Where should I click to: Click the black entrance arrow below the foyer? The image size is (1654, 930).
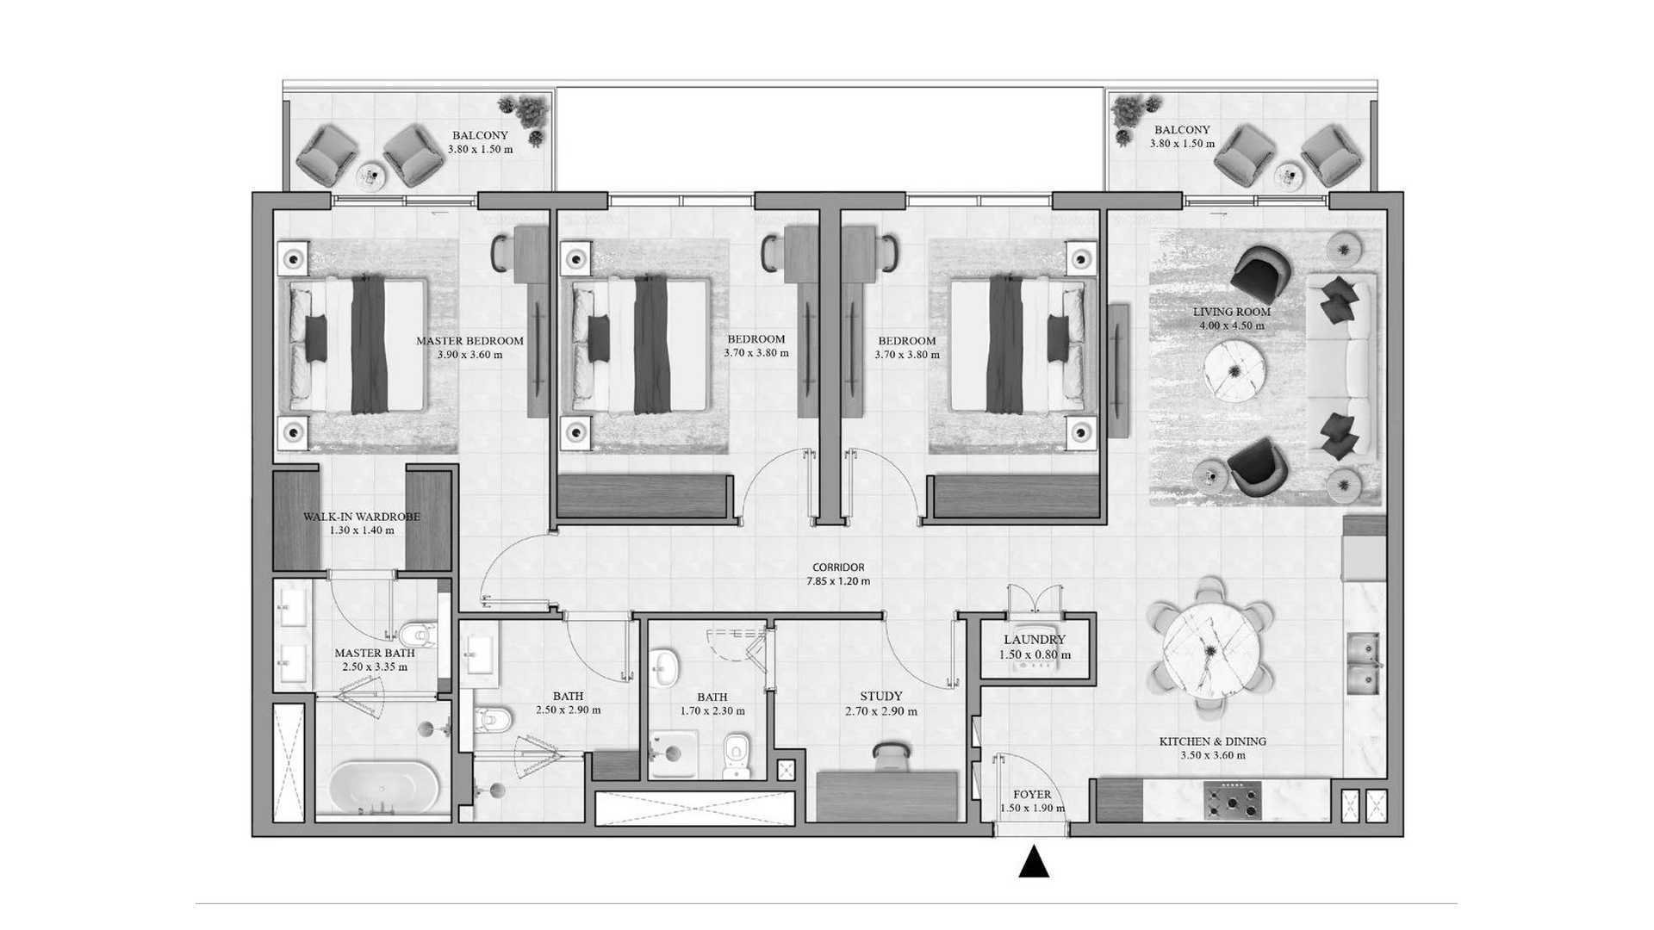click(x=1034, y=862)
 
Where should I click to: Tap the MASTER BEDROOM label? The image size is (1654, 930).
click(x=469, y=341)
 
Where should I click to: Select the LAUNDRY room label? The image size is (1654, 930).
click(x=1035, y=640)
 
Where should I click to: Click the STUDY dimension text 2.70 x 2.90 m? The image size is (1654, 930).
click(x=881, y=711)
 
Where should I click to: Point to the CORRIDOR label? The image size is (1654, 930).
click(x=838, y=567)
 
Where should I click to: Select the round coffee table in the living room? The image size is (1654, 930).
click(x=1234, y=370)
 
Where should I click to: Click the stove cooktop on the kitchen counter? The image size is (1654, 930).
click(x=1233, y=801)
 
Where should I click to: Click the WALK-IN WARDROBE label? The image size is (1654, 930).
click(x=362, y=517)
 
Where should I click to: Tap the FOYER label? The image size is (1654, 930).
click(x=1032, y=795)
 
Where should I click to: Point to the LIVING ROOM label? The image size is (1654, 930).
click(x=1232, y=312)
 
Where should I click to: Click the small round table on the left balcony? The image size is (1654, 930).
click(x=371, y=175)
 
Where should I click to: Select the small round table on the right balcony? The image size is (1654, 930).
click(x=1289, y=175)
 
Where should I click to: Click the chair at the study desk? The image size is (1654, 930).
click(x=890, y=756)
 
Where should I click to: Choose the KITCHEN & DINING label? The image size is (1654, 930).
click(x=1213, y=741)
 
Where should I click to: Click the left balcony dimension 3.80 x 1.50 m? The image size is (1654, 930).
click(x=480, y=149)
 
